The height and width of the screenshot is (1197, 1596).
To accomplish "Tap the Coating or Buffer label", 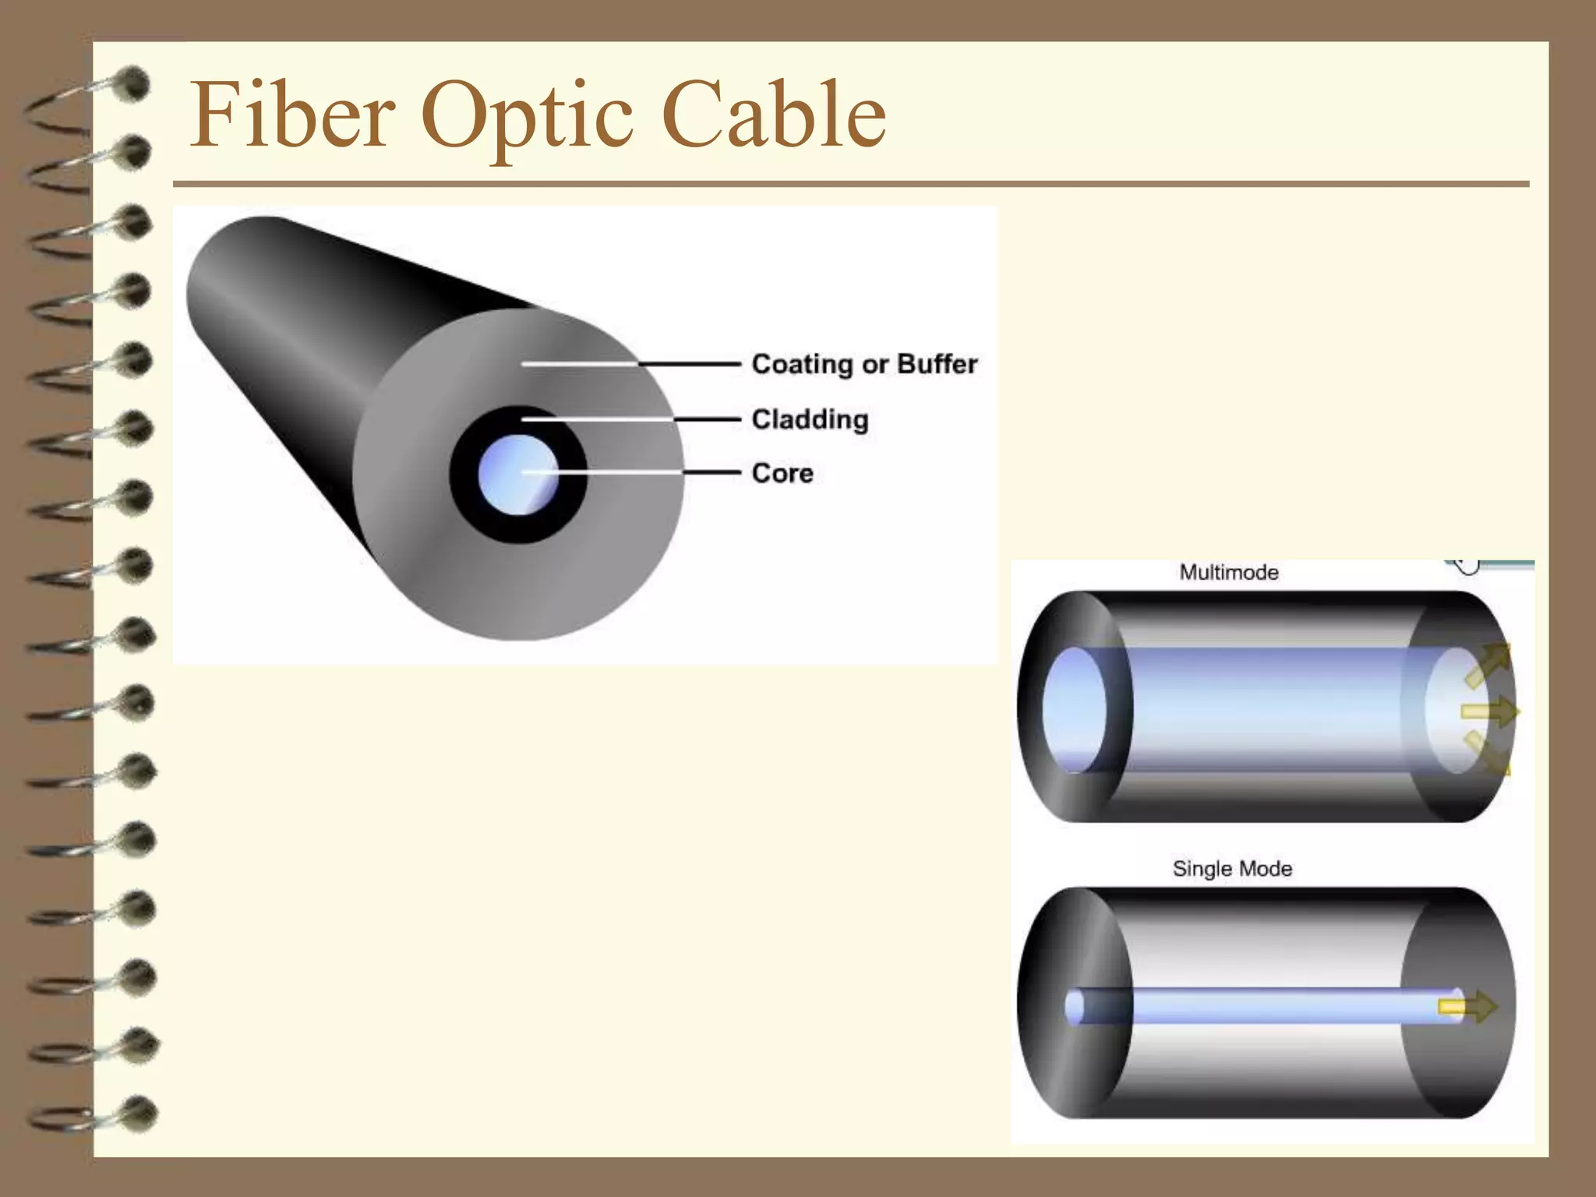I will click(x=864, y=364).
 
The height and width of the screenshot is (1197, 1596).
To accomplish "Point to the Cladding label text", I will click(x=810, y=419).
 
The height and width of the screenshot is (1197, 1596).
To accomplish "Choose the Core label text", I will click(x=782, y=473).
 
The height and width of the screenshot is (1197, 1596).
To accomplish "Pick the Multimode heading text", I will click(x=1229, y=573).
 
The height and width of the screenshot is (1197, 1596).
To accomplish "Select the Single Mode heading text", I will click(x=1232, y=869).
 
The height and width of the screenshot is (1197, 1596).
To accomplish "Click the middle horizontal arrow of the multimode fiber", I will click(x=1488, y=711).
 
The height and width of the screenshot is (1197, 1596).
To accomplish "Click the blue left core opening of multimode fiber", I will click(x=1074, y=709).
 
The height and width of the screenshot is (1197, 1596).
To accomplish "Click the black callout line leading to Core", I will click(x=711, y=472).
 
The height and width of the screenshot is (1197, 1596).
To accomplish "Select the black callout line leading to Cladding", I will click(x=706, y=419).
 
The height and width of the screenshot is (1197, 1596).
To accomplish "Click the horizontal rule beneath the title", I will click(x=850, y=184).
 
